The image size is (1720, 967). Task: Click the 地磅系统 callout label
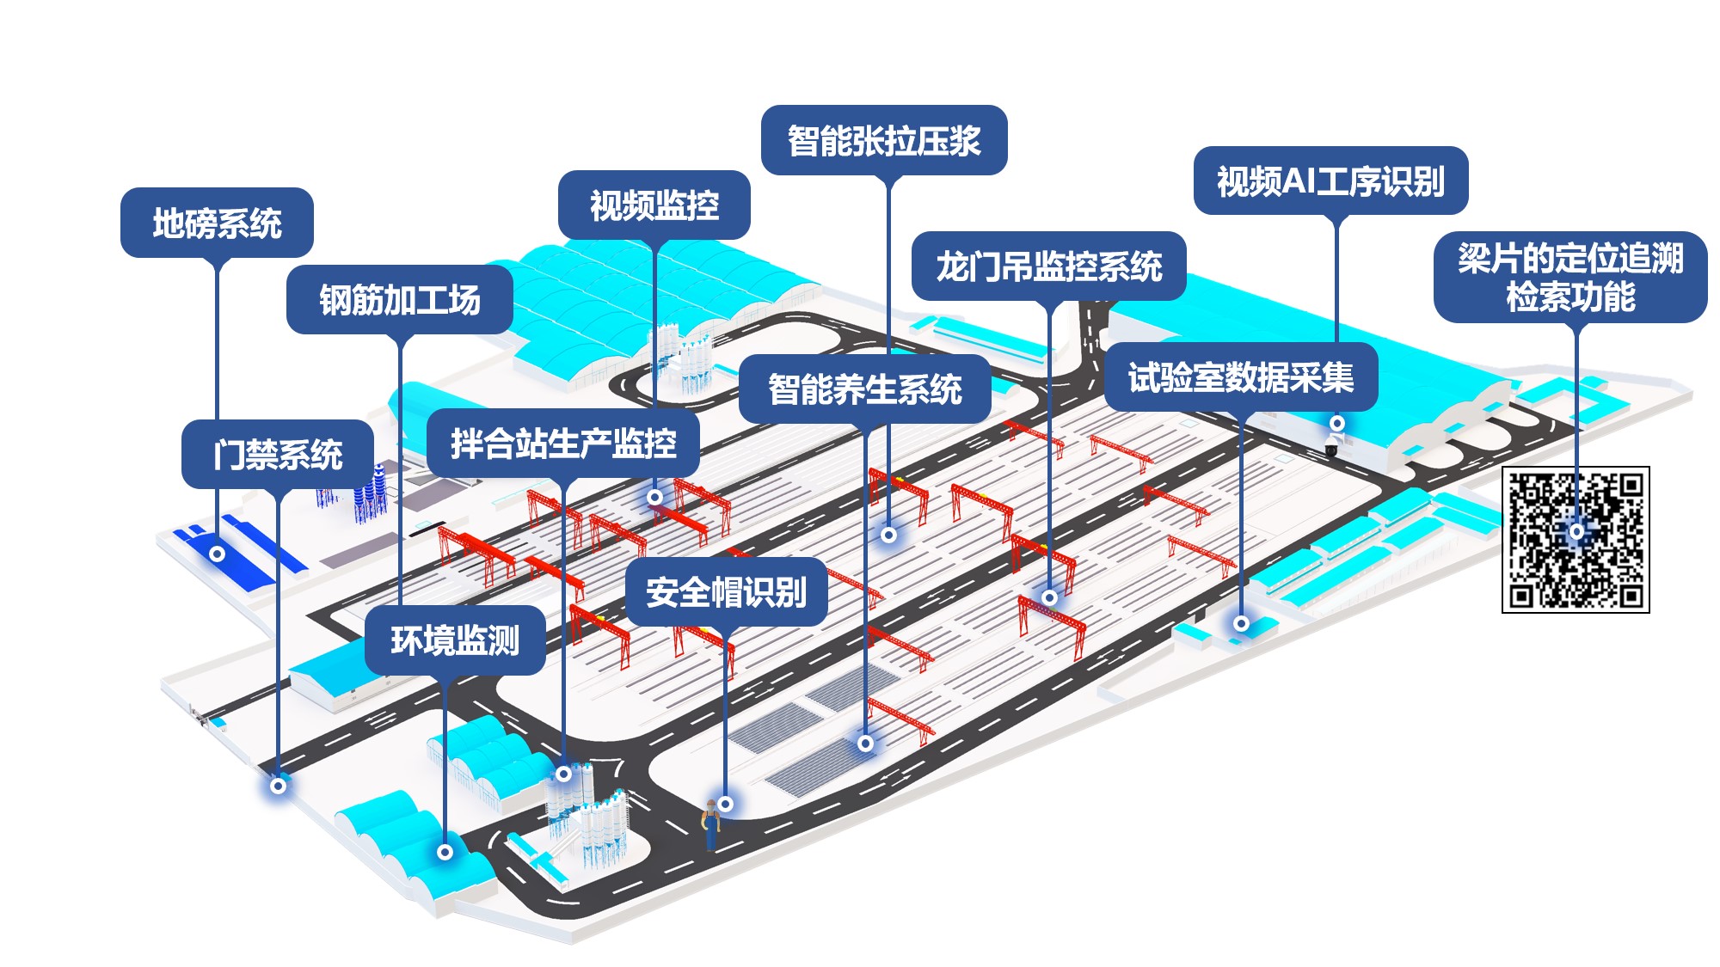point(217,223)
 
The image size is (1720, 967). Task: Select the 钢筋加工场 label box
point(400,300)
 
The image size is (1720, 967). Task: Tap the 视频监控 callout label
point(654,205)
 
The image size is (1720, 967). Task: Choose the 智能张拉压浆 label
point(884,140)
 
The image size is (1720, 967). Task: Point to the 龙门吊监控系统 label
point(1049,266)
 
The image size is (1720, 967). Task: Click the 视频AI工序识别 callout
point(1330,181)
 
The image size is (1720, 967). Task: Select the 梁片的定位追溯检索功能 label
point(1570,277)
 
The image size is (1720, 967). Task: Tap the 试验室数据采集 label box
point(1241,377)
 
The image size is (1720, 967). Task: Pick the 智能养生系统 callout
point(865,389)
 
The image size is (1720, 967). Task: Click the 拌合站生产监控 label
point(563,444)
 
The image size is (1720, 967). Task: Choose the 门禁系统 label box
point(278,454)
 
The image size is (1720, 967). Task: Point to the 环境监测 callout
point(455,640)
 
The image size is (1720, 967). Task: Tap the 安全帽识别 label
point(727,592)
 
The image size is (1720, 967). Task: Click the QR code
point(1576,539)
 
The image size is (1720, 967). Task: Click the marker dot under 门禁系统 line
point(278,785)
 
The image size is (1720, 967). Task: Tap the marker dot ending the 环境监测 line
point(445,852)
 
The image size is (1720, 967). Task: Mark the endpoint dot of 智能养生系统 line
point(866,743)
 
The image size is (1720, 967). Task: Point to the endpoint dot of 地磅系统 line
point(218,554)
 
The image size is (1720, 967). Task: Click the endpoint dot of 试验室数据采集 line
point(1241,623)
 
